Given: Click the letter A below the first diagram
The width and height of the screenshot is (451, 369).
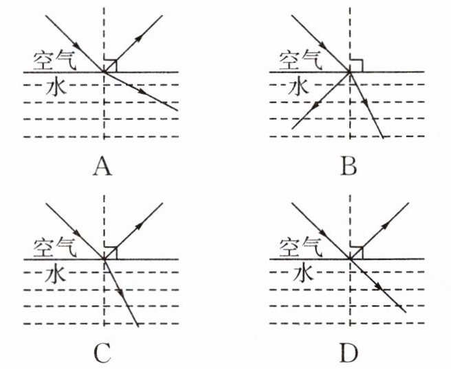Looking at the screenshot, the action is tap(102, 165).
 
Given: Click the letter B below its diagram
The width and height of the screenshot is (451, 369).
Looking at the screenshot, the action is tap(349, 165).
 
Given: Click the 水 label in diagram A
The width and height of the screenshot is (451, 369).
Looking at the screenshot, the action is tap(54, 87).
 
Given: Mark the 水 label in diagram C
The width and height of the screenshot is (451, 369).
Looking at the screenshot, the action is tap(54, 274).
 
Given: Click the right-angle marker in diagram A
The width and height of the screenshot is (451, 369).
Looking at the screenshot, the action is tap(111, 65).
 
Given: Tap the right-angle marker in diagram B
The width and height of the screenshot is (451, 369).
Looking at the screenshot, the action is tap(356, 65).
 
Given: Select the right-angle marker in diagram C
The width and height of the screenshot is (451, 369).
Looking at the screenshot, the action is tap(111, 252).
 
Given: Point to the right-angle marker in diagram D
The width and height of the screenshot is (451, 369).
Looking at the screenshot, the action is tap(356, 252).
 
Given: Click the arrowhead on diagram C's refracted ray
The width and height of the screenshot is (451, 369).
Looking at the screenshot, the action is tap(122, 294).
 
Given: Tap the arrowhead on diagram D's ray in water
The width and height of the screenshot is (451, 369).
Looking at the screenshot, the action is tap(379, 286).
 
